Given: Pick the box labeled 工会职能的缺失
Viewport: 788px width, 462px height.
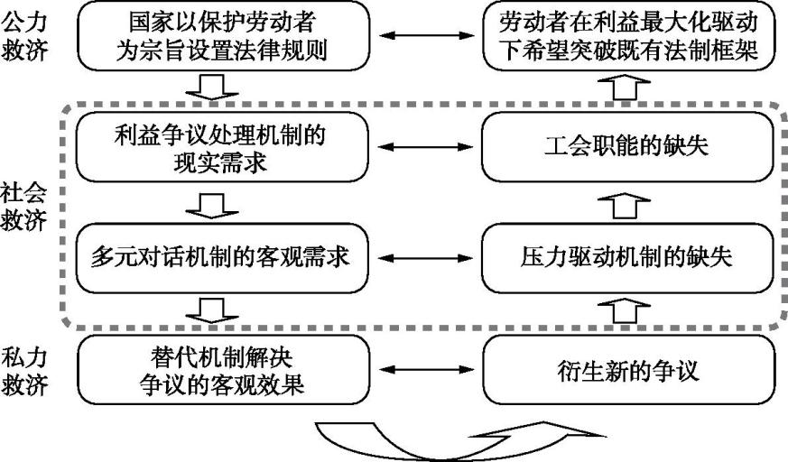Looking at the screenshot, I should pyautogui.click(x=628, y=148).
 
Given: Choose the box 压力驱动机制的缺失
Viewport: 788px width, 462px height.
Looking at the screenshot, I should pyautogui.click(x=628, y=256).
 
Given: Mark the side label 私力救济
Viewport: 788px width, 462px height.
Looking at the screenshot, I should pyautogui.click(x=24, y=370).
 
